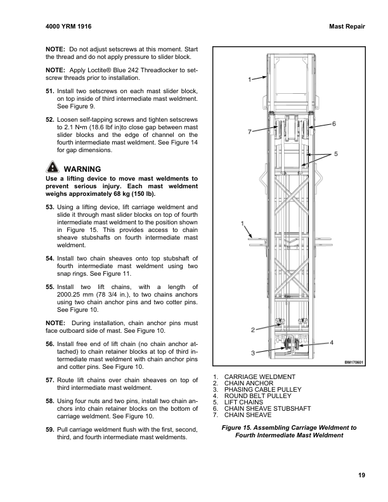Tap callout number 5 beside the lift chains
(336, 154)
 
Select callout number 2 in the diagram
(253, 330)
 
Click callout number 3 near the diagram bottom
(253, 352)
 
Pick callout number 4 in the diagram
(332, 342)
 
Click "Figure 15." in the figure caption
(239, 428)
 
